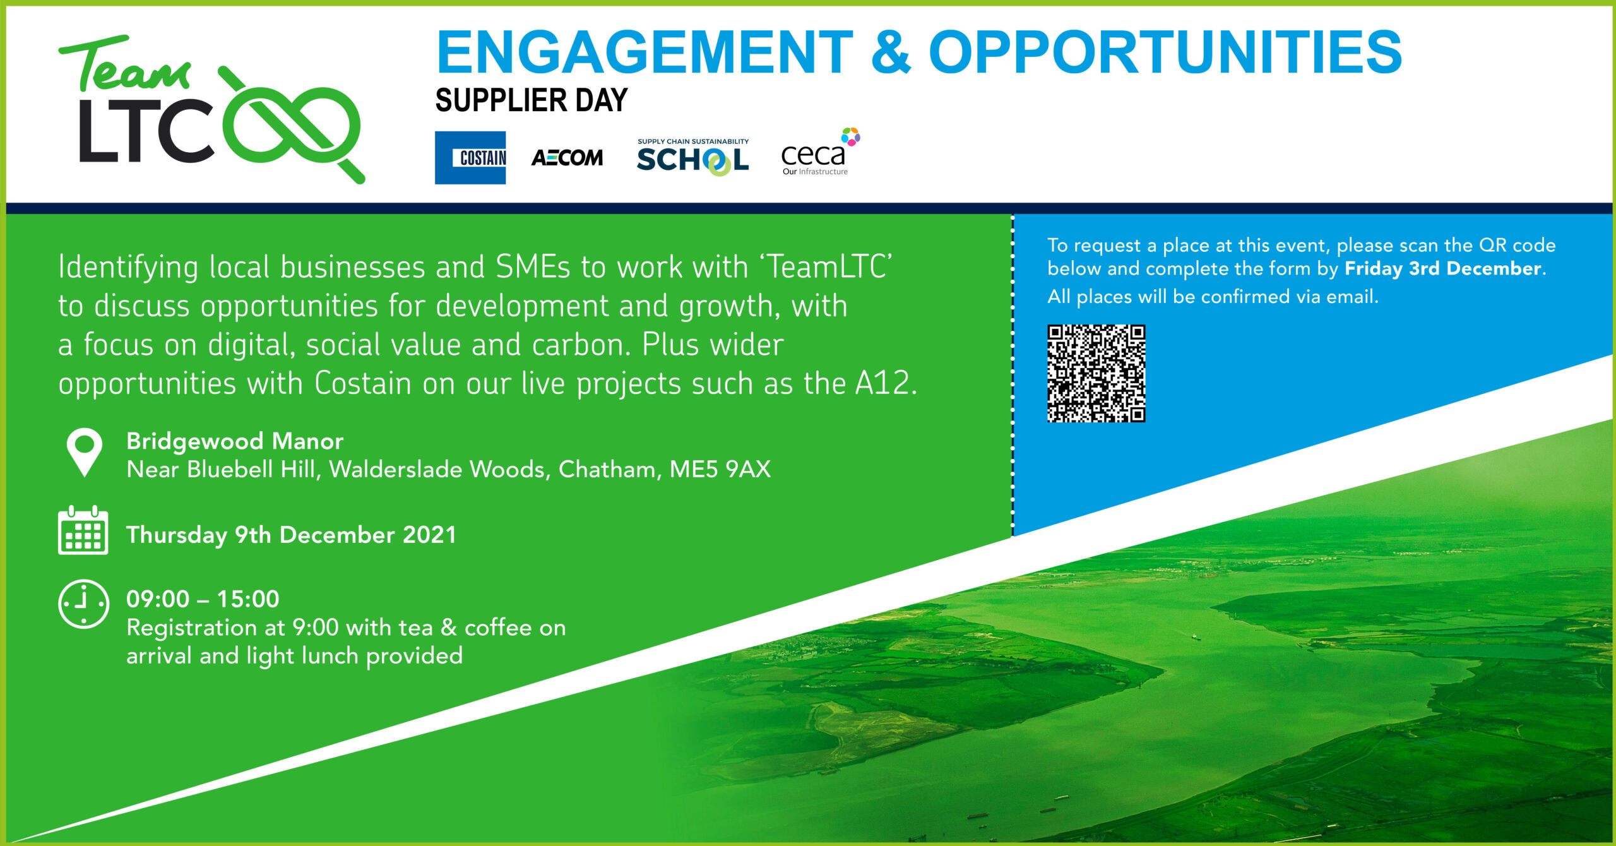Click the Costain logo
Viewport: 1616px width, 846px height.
click(x=470, y=157)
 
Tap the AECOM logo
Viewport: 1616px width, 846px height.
click(x=567, y=158)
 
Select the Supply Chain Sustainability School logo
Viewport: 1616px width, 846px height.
click(x=692, y=157)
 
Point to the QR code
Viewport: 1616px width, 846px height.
click(x=1096, y=373)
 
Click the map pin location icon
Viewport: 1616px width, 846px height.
click(x=85, y=452)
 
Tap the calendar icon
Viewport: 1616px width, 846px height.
click(x=83, y=530)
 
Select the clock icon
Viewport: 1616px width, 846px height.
click(x=83, y=604)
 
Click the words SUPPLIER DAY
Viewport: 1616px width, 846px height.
click(x=532, y=100)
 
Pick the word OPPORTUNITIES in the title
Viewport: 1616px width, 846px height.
click(x=1165, y=52)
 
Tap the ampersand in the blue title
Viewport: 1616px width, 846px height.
click(x=891, y=52)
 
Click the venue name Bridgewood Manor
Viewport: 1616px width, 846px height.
click(x=235, y=441)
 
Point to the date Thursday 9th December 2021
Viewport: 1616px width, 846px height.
click(x=291, y=535)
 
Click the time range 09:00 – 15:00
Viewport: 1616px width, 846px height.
click(x=203, y=599)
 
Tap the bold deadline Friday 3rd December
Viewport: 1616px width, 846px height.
click(x=1443, y=269)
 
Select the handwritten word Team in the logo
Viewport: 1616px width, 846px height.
click(x=124, y=63)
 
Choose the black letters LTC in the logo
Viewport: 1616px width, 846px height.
click(x=146, y=130)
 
